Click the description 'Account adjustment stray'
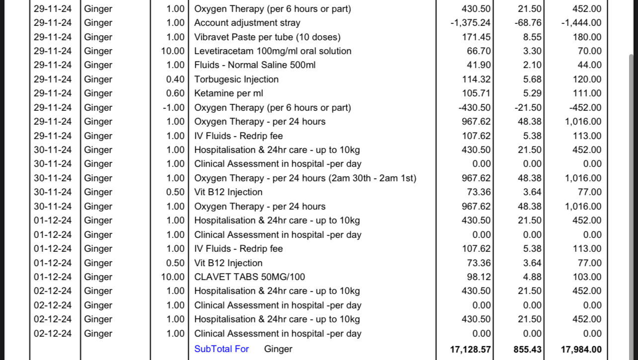[247, 23]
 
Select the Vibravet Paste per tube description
[267, 37]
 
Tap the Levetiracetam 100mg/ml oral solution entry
[273, 51]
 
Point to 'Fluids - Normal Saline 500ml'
[255, 65]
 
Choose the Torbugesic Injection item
[236, 79]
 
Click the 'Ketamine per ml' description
[229, 93]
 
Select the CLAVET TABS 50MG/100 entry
[249, 277]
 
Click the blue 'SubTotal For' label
[222, 349]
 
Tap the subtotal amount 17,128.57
[470, 350]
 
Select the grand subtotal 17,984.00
[581, 350]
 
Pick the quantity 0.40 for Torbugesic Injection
[175, 79]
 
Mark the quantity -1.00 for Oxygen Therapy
[173, 108]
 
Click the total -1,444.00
[581, 23]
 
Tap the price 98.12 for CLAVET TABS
[476, 277]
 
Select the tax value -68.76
[528, 23]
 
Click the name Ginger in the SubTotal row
[278, 349]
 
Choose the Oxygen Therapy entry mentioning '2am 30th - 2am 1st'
[305, 178]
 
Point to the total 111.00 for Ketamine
[587, 93]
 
